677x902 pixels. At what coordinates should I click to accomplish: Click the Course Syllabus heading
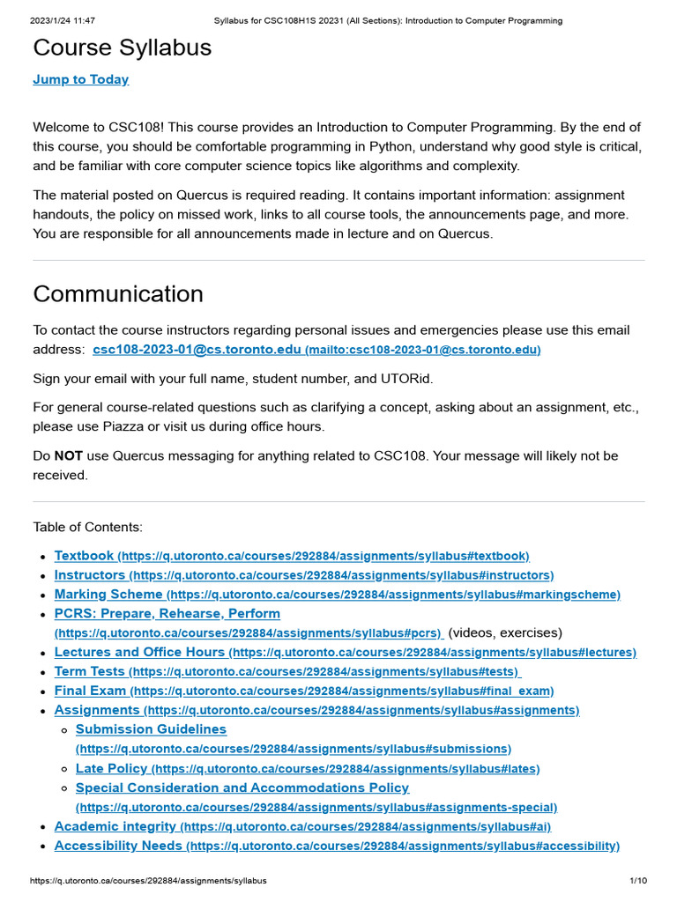(x=123, y=48)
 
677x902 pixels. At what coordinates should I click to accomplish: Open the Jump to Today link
(x=81, y=79)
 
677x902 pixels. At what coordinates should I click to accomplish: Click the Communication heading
(x=118, y=294)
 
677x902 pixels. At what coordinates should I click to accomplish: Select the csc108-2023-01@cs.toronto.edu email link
(x=197, y=350)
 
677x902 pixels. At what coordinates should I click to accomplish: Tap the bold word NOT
(x=68, y=456)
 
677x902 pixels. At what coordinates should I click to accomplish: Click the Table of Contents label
(x=87, y=527)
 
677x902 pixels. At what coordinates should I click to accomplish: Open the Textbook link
(x=85, y=556)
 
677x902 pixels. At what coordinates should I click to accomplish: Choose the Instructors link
(x=90, y=575)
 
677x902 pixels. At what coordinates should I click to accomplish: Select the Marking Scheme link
(x=108, y=595)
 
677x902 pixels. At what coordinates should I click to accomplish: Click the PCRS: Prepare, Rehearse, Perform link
(x=167, y=614)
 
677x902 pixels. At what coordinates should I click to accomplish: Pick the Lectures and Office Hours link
(x=139, y=653)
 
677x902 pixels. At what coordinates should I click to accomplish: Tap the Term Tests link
(x=90, y=672)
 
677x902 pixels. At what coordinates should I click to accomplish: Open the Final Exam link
(x=90, y=691)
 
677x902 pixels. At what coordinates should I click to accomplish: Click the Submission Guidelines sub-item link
(x=151, y=729)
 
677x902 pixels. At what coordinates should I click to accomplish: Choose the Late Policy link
(x=112, y=769)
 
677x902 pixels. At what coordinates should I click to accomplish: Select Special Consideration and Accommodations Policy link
(x=242, y=788)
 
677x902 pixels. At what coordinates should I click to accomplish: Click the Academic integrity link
(x=115, y=826)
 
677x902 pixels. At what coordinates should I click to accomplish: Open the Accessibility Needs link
(x=118, y=846)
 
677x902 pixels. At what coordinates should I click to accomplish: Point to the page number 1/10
(x=638, y=881)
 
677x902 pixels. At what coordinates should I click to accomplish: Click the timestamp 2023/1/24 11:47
(x=63, y=20)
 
